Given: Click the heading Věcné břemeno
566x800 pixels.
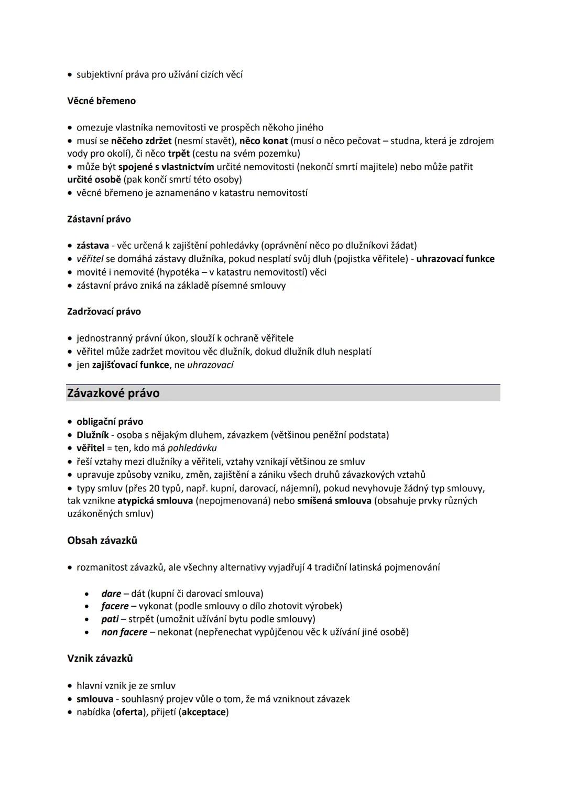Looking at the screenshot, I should [101, 101].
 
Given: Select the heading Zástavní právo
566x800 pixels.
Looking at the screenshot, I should [99, 219].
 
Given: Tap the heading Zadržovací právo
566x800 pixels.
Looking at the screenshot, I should [104, 311].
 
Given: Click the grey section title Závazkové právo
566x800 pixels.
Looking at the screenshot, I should [113, 393].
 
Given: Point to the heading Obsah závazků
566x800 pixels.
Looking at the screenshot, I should [102, 540].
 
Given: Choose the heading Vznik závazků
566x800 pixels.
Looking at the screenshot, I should [100, 658].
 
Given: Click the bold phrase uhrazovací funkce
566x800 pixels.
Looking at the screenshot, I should [455, 259].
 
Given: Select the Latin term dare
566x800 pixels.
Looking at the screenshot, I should [111, 594].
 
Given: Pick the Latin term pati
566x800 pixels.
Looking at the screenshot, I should [110, 619].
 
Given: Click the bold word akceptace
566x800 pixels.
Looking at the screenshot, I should [203, 712].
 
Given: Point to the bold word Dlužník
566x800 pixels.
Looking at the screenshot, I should [93, 435].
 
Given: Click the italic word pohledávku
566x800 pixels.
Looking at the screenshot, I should [192, 448].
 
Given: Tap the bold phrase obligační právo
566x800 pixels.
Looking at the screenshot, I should [110, 422].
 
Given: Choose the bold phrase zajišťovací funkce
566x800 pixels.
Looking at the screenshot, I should [130, 365].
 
